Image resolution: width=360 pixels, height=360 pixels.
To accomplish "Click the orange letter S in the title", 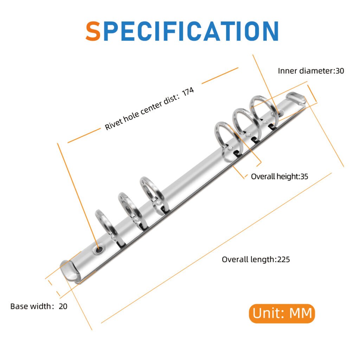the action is pos(93,31).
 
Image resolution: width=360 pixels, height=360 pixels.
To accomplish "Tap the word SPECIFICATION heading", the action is pos(182,31).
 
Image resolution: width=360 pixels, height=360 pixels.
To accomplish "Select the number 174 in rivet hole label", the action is pos(188,92).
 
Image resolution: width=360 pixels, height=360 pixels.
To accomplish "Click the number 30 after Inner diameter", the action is pos(340,71).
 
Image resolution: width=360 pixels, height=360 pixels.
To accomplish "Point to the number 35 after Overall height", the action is pos(304,176).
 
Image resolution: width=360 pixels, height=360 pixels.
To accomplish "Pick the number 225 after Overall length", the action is pos(284,259).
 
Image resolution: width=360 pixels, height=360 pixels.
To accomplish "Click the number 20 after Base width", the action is pos(63,306).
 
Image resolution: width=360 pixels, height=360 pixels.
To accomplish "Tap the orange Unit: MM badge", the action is pos(282,313).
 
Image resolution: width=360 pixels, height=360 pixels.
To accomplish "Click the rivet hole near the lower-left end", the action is pos(98,249).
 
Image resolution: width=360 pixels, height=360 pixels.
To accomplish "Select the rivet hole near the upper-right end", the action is pos(279,113).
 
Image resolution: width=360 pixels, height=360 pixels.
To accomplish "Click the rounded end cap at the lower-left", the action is pos(69,271).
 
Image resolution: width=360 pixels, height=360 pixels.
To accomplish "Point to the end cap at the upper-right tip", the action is pos(296,98).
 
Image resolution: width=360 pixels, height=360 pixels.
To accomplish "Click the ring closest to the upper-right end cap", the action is pos(264,110).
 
